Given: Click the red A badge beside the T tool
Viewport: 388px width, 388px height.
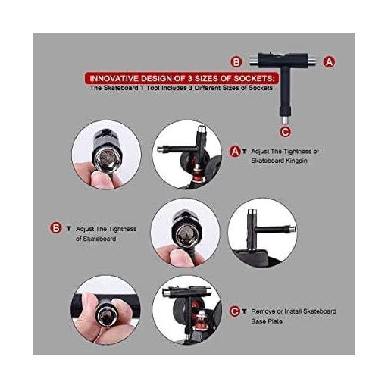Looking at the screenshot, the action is click(329, 61).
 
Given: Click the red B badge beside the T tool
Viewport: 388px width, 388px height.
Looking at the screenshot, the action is click(236, 62).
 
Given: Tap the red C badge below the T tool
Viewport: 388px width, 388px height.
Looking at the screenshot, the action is click(285, 132).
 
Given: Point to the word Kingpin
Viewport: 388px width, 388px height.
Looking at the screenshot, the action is click(296, 161).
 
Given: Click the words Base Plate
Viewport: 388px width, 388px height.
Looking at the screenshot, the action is click(267, 321).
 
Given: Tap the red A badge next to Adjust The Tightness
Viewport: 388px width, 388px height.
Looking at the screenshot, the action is click(235, 152).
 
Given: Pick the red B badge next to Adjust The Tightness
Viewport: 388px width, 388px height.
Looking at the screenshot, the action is click(55, 228).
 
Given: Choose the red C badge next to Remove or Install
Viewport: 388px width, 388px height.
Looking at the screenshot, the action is click(235, 311).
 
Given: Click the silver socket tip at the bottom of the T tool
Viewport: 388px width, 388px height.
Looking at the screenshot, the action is click(285, 119).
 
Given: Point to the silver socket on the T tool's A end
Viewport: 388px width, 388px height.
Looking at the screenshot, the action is click(312, 61).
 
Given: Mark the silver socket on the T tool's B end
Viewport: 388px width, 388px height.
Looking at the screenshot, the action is click(253, 61).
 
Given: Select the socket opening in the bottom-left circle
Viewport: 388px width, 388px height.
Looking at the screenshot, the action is click(104, 314).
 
